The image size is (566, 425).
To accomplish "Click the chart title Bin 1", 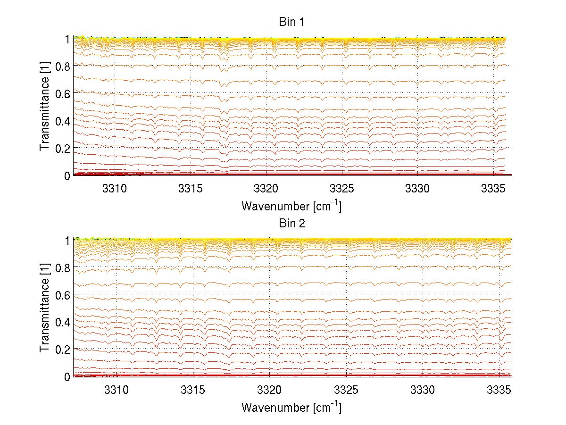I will pyautogui.click(x=291, y=22).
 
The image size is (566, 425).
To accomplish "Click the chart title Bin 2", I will pyautogui.click(x=291, y=224).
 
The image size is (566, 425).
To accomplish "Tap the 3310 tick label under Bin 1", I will pyautogui.click(x=115, y=188).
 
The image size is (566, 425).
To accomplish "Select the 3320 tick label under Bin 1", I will pyautogui.click(x=266, y=188).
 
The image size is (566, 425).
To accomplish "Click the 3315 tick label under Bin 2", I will pyautogui.click(x=193, y=390).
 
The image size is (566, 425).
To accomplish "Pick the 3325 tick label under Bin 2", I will pyautogui.click(x=346, y=390).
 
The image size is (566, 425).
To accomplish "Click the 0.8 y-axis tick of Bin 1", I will pyautogui.click(x=63, y=66).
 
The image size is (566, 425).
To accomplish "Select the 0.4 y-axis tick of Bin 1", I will pyautogui.click(x=63, y=121).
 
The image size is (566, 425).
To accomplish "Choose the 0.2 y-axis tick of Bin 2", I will pyautogui.click(x=63, y=350).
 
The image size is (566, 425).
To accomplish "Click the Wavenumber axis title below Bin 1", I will pyautogui.click(x=291, y=206).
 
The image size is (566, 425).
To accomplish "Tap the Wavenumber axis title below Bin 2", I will pyautogui.click(x=291, y=407).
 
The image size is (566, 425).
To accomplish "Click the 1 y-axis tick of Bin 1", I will pyautogui.click(x=67, y=39).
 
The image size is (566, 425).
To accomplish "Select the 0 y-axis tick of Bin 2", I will pyautogui.click(x=67, y=376).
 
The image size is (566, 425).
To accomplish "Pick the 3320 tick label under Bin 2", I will pyautogui.click(x=269, y=390).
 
